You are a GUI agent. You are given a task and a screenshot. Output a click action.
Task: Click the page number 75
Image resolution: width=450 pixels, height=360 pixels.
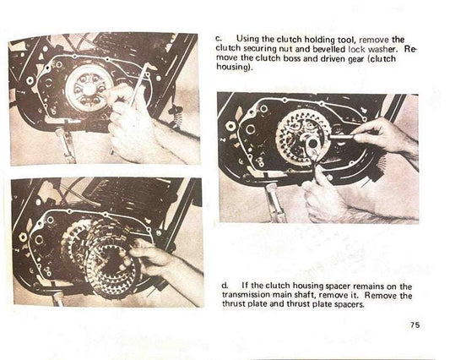(414, 325)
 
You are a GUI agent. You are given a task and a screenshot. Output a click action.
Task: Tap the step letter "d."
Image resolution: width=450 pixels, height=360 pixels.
(219, 286)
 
